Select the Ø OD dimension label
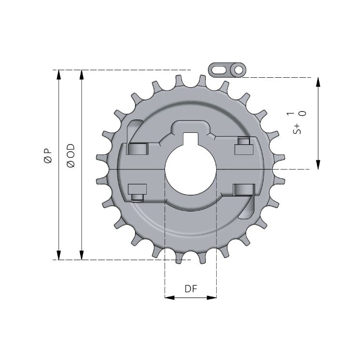(x=70, y=155)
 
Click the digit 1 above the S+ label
(x=290, y=114)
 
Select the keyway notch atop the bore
(x=191, y=138)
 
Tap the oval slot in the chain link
(x=220, y=70)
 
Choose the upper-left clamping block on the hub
(x=137, y=149)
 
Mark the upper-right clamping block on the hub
(x=244, y=147)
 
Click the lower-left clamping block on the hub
(x=137, y=190)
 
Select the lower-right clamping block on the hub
(x=243, y=190)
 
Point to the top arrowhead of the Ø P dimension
(x=59, y=74)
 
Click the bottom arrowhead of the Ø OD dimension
(x=82, y=256)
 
